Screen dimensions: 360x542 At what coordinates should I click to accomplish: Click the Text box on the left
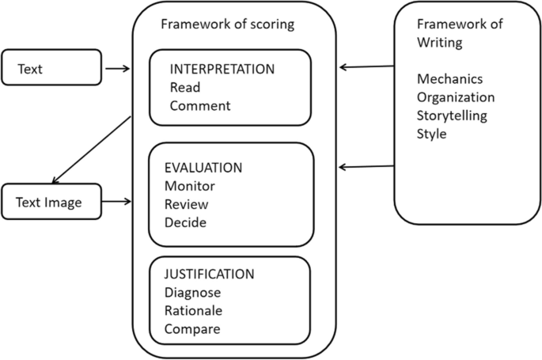(x=51, y=68)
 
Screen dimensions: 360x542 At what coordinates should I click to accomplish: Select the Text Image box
(x=51, y=203)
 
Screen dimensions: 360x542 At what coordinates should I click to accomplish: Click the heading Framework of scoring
(x=227, y=24)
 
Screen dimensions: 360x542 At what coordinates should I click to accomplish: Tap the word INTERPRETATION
(x=222, y=69)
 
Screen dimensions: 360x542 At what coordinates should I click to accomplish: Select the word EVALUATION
(x=203, y=169)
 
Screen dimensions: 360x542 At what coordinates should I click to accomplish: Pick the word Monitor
(x=189, y=187)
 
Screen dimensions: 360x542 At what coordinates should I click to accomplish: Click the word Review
(x=185, y=204)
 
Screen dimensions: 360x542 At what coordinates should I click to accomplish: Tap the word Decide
(x=185, y=222)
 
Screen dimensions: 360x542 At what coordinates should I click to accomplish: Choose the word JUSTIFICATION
(x=209, y=275)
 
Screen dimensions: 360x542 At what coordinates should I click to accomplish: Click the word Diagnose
(x=192, y=293)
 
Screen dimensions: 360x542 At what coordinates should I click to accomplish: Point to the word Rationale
(x=193, y=310)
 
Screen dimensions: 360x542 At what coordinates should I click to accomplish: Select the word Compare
(x=191, y=328)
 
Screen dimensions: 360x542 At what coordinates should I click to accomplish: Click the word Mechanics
(x=449, y=79)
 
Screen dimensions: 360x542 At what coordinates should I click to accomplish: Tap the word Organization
(x=456, y=97)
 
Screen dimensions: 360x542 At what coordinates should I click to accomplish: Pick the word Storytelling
(x=452, y=116)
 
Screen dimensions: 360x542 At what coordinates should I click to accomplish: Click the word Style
(x=431, y=134)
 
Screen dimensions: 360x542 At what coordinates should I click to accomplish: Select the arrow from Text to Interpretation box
(x=117, y=69)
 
